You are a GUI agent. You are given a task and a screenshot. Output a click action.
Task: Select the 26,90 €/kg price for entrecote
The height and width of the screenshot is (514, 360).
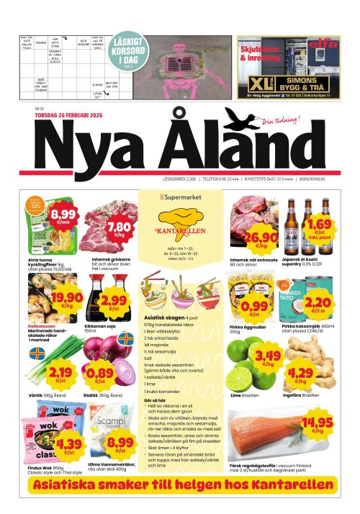261,240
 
